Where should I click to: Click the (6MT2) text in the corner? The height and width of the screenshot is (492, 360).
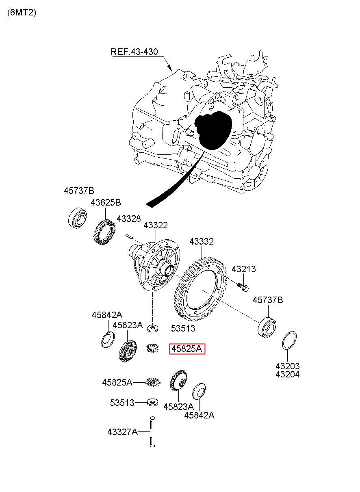(22, 13)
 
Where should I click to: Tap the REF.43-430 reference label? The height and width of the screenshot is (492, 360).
(134, 52)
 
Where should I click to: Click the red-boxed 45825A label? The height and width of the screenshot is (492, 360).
(187, 349)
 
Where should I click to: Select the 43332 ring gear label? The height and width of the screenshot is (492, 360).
(202, 241)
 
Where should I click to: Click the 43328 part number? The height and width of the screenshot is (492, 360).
(129, 219)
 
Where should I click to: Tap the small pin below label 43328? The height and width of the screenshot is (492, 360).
(130, 236)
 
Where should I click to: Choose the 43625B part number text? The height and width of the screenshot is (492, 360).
(106, 202)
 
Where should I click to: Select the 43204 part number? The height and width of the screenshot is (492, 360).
(287, 374)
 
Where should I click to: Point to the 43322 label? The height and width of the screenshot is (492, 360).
(156, 225)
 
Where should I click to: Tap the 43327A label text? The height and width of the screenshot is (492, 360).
(122, 432)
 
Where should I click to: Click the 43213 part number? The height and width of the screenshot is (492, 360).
(243, 269)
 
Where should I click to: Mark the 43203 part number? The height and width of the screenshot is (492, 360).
(287, 366)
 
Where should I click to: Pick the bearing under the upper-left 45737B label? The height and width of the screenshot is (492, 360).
(78, 218)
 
